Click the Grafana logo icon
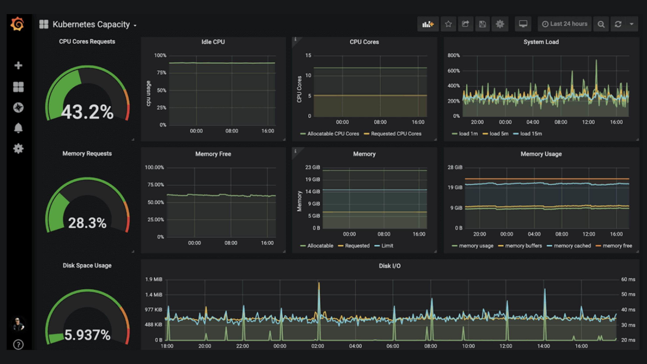pos(18,24)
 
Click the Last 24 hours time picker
pos(565,24)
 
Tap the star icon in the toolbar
pos(448,24)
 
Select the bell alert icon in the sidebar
pos(18,128)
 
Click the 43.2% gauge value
pos(87,112)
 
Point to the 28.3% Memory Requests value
pos(87,223)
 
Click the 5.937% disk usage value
pos(87,335)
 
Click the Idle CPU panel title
pos(213,42)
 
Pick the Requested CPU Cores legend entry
pos(396,134)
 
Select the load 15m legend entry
pos(531,134)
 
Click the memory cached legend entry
pos(572,246)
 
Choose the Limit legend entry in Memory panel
pos(387,246)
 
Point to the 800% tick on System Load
pos(453,55)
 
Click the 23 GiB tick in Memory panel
pos(312,167)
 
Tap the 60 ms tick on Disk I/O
pos(628,279)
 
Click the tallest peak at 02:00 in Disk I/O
pos(319,283)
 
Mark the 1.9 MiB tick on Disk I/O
pos(154,279)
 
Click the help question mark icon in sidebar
pos(18,344)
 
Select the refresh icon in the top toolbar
pos(618,24)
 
